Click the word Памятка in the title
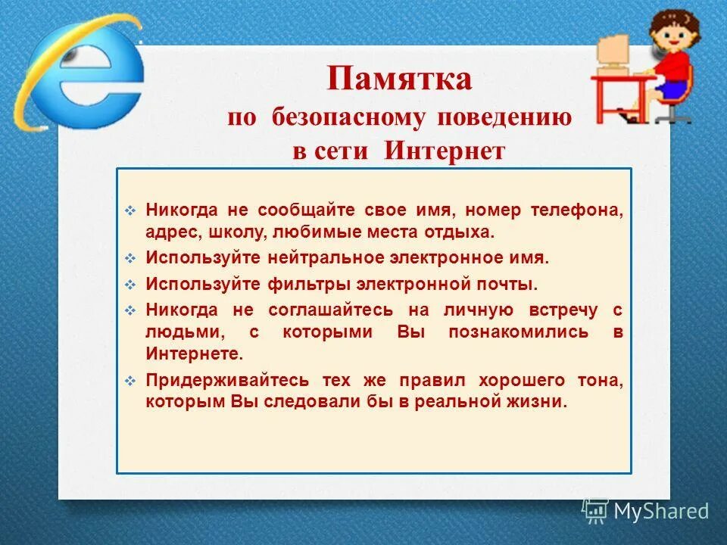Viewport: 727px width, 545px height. click(399, 79)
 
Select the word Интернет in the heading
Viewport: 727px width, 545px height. click(444, 150)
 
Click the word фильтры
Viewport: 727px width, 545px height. click(304, 285)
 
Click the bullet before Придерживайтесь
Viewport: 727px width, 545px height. click(130, 381)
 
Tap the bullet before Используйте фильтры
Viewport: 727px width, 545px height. click(130, 285)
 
